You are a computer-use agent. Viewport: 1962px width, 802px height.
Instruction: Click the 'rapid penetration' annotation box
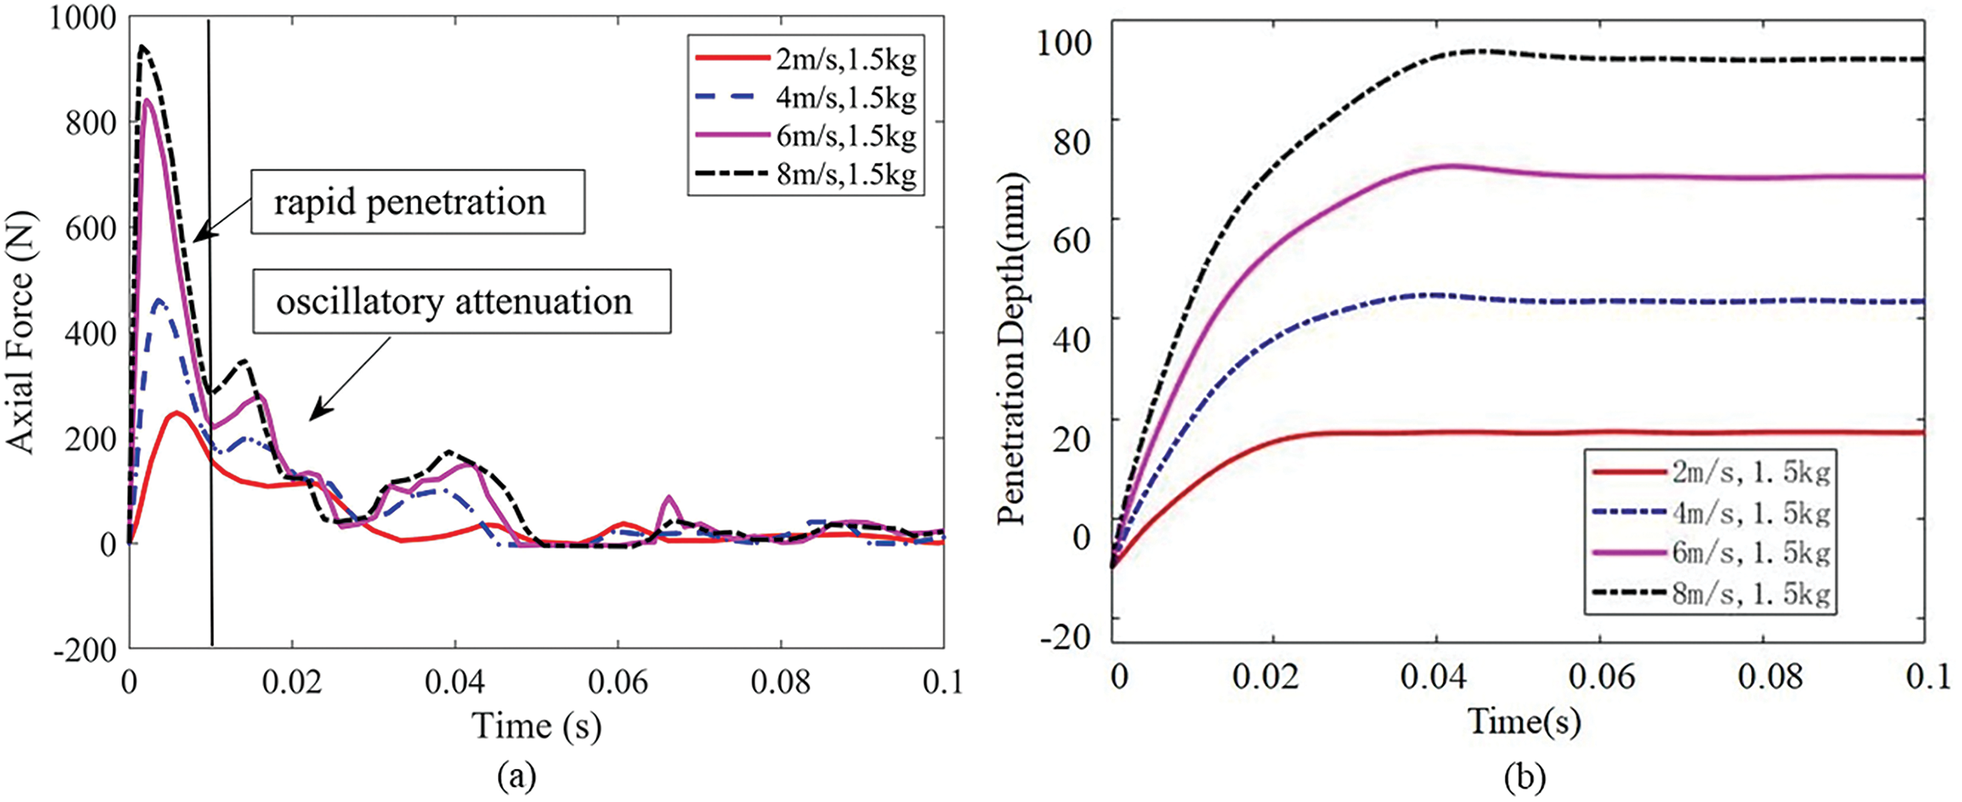click(x=417, y=202)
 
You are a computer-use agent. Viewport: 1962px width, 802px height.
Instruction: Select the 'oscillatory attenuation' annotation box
click(x=462, y=301)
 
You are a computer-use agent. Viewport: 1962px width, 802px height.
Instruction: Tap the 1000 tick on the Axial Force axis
click(x=83, y=17)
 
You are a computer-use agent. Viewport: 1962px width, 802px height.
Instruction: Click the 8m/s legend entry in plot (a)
click(x=805, y=174)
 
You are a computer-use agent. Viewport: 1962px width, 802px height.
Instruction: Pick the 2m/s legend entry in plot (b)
click(x=1709, y=472)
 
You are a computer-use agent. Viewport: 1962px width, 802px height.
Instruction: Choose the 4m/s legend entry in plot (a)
click(x=805, y=98)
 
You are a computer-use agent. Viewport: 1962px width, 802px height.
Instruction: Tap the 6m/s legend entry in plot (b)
click(x=1709, y=553)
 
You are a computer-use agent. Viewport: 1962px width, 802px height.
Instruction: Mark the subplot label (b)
click(x=1524, y=777)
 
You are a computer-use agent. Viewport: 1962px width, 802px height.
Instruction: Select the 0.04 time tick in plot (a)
click(x=455, y=682)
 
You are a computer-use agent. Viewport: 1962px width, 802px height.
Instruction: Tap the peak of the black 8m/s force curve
click(x=142, y=47)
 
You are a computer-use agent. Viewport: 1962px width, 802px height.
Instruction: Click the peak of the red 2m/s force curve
click(x=177, y=413)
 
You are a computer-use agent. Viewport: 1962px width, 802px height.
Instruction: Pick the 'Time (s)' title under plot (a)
click(x=536, y=725)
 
